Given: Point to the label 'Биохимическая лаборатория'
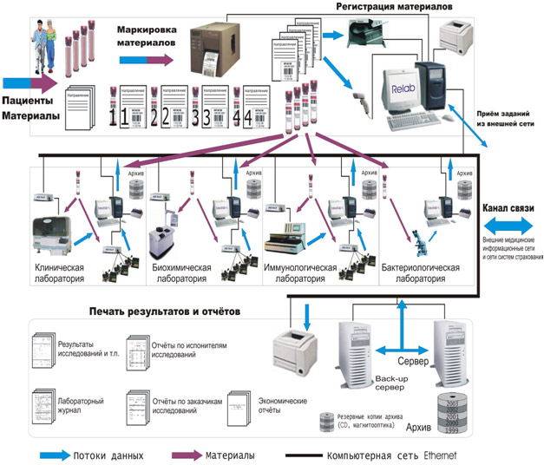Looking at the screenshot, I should (178, 274).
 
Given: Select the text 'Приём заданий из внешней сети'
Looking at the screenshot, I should (508, 119).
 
